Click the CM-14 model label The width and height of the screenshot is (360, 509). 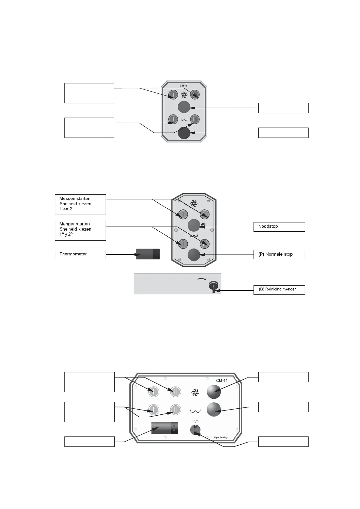click(184, 86)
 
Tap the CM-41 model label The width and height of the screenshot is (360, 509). click(222, 380)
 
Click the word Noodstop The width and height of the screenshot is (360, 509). click(268, 226)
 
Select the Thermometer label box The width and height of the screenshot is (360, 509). click(80, 254)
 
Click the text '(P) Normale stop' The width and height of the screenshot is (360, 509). click(276, 254)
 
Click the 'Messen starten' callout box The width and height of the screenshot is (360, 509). click(80, 204)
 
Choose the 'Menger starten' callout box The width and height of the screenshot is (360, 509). click(80, 230)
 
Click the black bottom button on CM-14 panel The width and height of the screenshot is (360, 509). click(184, 133)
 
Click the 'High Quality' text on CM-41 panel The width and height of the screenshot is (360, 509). click(220, 437)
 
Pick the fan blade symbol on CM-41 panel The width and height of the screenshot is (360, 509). click(195, 393)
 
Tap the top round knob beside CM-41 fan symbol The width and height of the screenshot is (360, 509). click(214, 392)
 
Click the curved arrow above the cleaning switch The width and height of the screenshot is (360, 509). click(201, 279)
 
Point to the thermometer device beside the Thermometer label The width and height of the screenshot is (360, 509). click(148, 254)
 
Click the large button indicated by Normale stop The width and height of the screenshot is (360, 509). click(194, 255)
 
